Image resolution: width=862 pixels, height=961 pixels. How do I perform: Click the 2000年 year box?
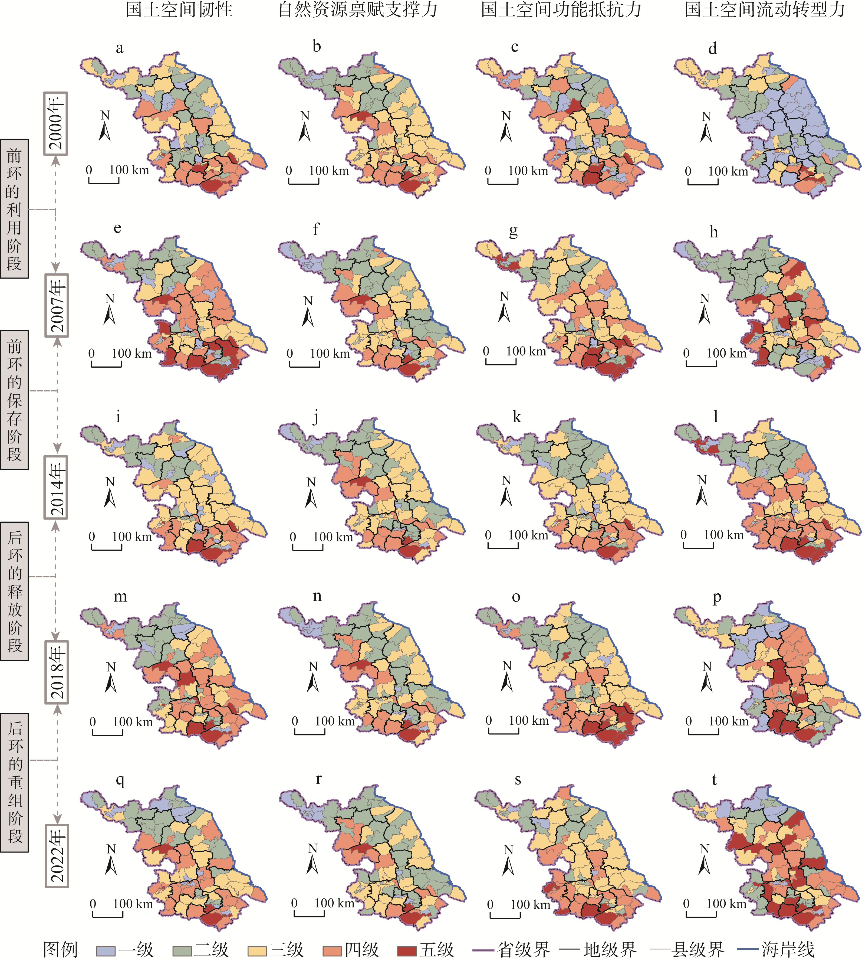pyautogui.click(x=56, y=123)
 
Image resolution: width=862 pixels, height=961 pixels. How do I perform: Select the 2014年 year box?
pyautogui.click(x=56, y=487)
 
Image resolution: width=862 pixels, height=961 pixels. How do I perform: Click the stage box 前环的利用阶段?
pyautogui.click(x=14, y=208)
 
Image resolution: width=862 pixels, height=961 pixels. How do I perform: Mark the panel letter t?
pyautogui.click(x=714, y=780)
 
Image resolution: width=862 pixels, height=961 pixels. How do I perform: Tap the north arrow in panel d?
pyautogui.click(x=706, y=127)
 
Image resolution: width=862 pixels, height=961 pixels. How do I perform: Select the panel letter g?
pyautogui.click(x=514, y=232)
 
